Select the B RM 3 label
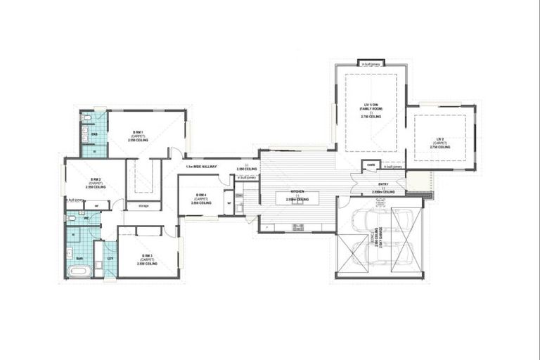click(147, 255)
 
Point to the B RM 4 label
click(200, 195)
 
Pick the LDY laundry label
click(110, 258)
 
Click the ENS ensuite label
click(94, 133)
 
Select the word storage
click(143, 206)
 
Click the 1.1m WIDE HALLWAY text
click(201, 167)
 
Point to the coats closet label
click(371, 166)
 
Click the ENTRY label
click(382, 184)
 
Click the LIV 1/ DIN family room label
click(371, 104)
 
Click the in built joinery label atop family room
click(370, 64)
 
